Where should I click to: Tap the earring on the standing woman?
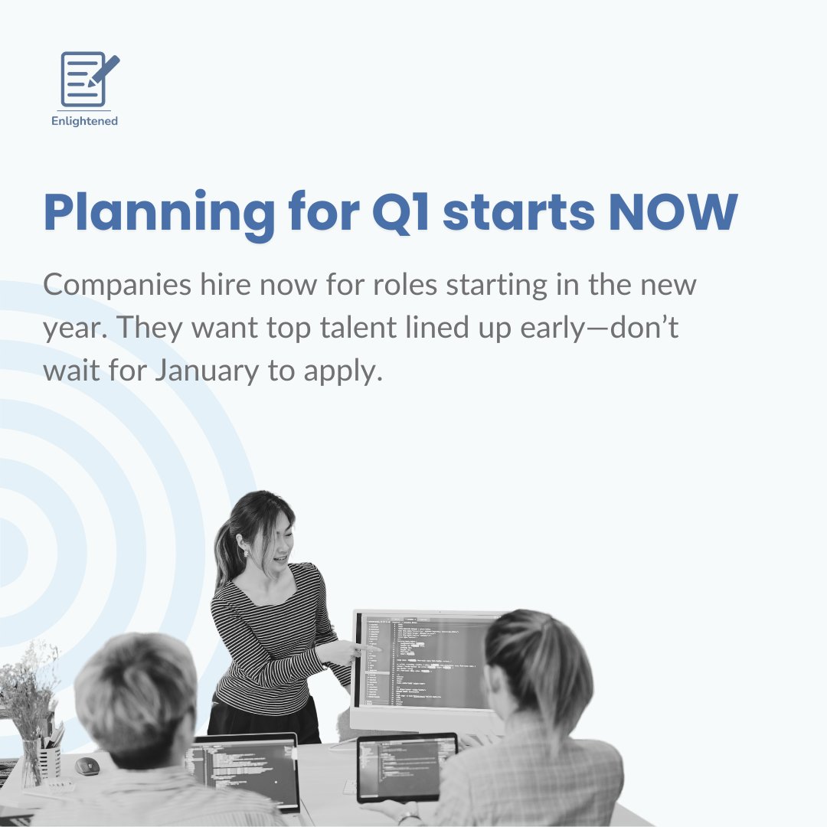pyautogui.click(x=247, y=551)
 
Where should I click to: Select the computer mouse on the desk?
pyautogui.click(x=87, y=766)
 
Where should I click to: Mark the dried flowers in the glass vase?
pyautogui.click(x=31, y=689)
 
